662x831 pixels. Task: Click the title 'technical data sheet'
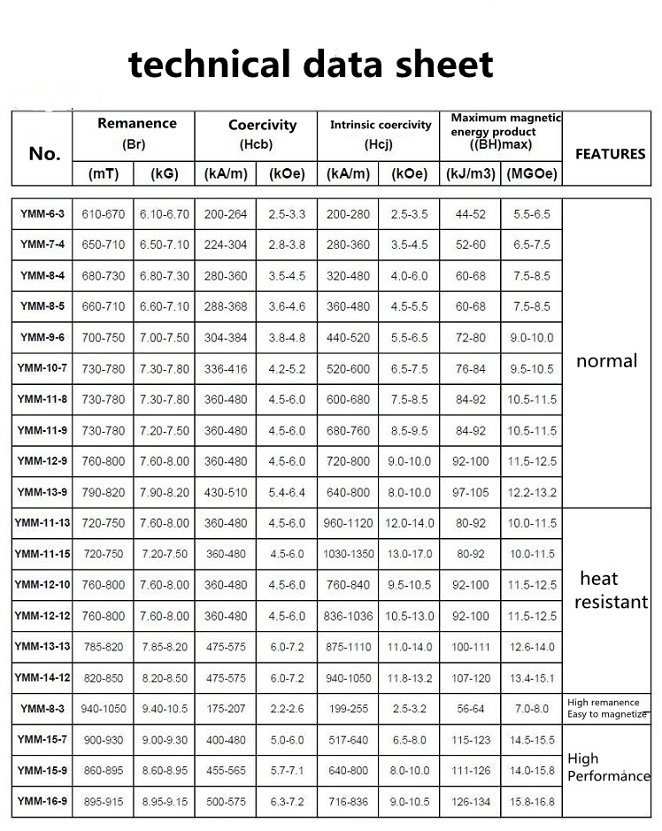[311, 65]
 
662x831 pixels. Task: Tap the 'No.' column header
[44, 153]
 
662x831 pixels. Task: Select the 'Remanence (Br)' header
[136, 132]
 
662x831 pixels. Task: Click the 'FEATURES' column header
[610, 153]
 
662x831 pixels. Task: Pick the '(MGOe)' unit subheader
[532, 174]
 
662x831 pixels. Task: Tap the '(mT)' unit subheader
[104, 174]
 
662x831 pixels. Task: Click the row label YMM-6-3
[42, 214]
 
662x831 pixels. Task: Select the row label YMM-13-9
[42, 492]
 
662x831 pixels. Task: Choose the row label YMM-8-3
[42, 708]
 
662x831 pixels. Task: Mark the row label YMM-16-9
[42, 801]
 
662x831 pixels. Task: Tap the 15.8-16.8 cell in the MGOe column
[532, 801]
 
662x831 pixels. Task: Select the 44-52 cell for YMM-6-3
[471, 214]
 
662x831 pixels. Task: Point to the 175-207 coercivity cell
[226, 708]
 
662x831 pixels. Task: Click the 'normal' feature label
[606, 361]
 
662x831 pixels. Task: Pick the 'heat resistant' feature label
[611, 590]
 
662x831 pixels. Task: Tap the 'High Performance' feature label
[608, 767]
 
